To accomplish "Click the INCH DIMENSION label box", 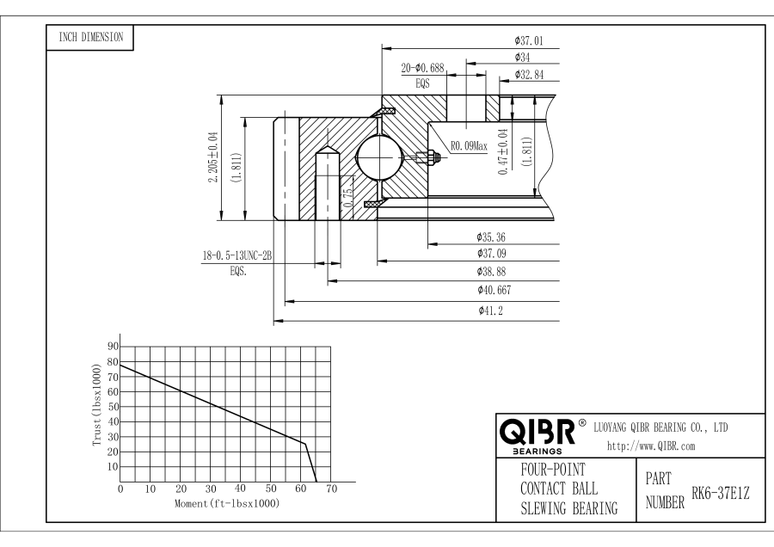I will (x=89, y=37).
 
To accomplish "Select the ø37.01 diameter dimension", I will (x=527, y=40).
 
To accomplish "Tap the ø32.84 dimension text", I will (x=528, y=75).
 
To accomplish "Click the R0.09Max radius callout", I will (x=468, y=146).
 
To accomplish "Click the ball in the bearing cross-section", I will (x=378, y=157).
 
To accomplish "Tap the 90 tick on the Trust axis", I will (x=112, y=346).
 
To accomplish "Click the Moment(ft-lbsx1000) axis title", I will (x=226, y=502).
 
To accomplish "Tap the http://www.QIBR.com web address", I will (x=651, y=446).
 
